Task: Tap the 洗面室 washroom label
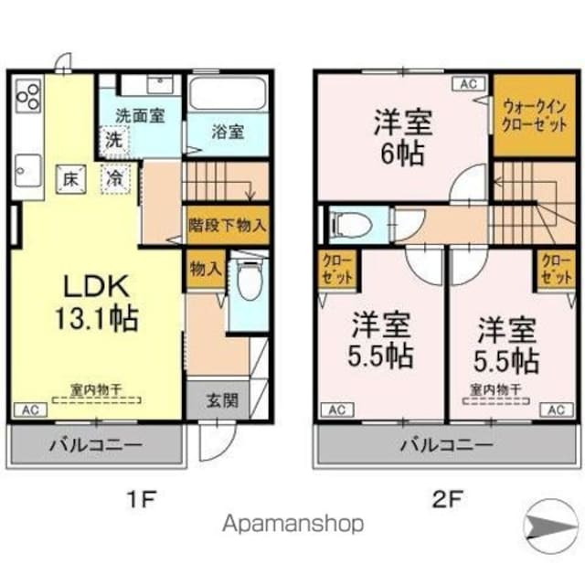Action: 139,117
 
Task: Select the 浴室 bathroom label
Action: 229,131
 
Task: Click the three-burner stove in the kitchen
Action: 27,96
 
